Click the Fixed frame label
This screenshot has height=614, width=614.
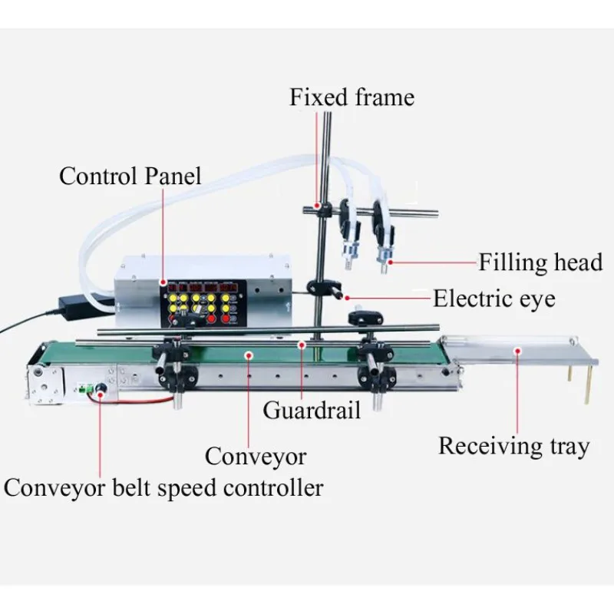click(352, 97)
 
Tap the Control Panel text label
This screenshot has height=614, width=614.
click(130, 176)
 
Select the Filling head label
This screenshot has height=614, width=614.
click(540, 262)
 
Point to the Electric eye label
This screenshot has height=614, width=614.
click(494, 299)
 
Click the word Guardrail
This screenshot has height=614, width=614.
click(312, 411)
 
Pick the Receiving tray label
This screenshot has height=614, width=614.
click(513, 446)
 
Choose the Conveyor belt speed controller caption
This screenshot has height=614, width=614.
click(163, 488)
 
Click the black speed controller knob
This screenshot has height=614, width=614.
click(101, 388)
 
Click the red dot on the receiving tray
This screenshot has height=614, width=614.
click(517, 351)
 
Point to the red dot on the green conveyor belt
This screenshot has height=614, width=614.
click(249, 355)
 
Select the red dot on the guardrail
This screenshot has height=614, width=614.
click(301, 345)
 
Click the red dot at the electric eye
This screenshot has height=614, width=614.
click(347, 298)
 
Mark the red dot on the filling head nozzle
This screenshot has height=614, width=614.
click(390, 262)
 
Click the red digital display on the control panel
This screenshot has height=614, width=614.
click(203, 288)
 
